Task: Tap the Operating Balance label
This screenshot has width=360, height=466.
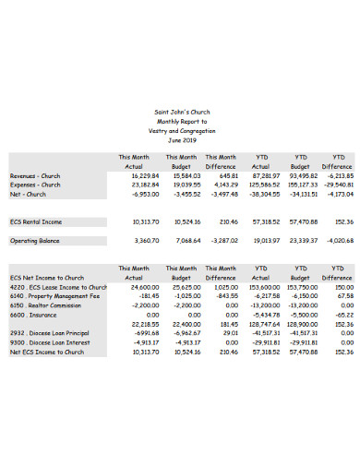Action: pyautogui.click(x=35, y=240)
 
